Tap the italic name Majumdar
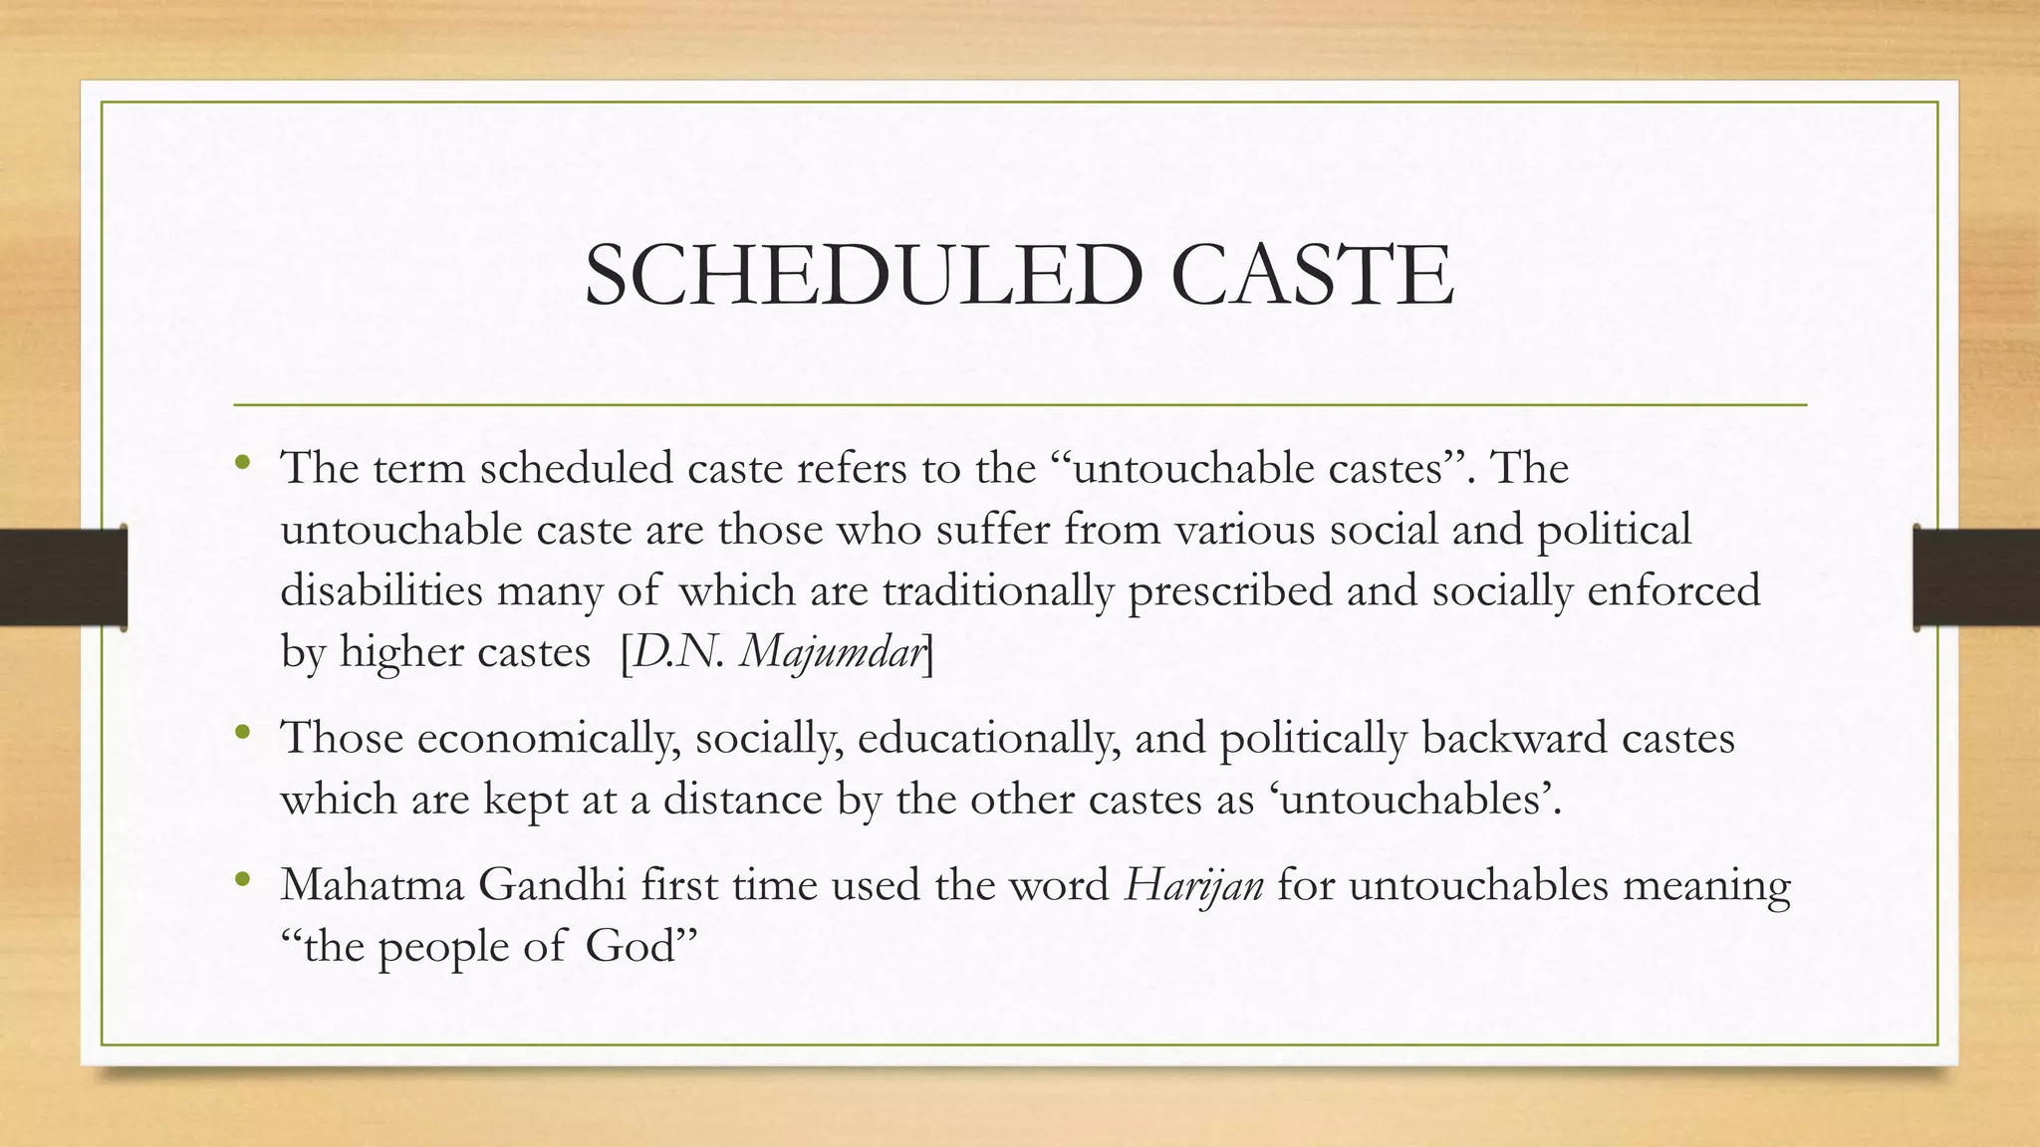tap(832, 652)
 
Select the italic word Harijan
tap(1193, 884)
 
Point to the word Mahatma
tap(372, 884)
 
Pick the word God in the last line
tap(630, 946)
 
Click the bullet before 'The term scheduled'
tap(242, 463)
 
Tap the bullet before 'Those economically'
tap(242, 734)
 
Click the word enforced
tap(1673, 590)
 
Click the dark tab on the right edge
tap(1976, 577)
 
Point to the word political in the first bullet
tap(1614, 530)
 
